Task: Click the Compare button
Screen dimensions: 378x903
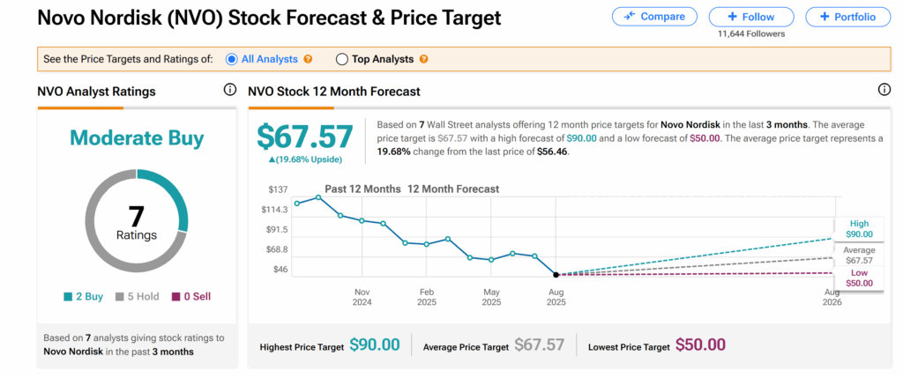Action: tap(653, 17)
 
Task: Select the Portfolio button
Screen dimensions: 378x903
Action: tap(847, 17)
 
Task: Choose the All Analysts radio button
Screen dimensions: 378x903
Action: tap(231, 59)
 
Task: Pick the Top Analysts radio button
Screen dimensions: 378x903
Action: tap(341, 59)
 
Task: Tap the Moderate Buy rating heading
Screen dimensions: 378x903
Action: tap(137, 137)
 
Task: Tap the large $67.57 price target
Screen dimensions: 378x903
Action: tap(305, 137)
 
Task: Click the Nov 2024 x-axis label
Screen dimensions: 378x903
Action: tap(362, 296)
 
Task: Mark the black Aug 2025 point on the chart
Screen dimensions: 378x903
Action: tap(556, 275)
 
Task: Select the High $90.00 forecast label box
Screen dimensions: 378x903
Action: tap(858, 229)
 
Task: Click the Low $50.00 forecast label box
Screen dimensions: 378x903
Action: tap(858, 278)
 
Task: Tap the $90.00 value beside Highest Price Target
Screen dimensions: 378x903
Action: tap(375, 345)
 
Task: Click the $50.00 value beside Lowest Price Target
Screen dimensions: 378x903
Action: tap(700, 345)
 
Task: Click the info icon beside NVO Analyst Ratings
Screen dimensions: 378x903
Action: tap(229, 91)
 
